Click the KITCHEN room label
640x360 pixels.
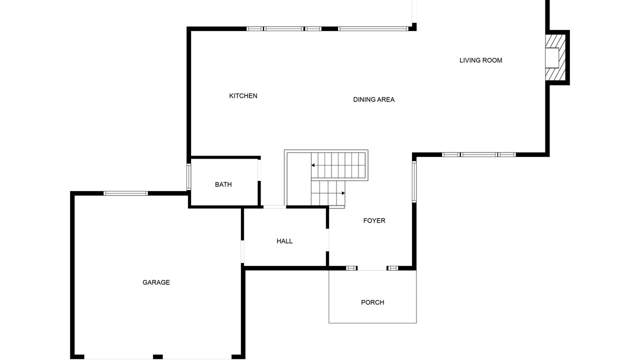[x=243, y=96]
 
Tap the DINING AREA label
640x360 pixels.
[x=373, y=99]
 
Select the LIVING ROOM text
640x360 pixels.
[x=480, y=60]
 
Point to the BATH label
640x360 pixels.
[x=223, y=184]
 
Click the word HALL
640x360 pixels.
[x=284, y=241]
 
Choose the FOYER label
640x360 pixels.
[x=374, y=220]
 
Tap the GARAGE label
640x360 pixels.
[x=156, y=282]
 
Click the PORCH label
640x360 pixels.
[x=372, y=302]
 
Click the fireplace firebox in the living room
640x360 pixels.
[x=551, y=57]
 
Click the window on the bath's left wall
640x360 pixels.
[x=188, y=177]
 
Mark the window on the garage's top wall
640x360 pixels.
[x=125, y=193]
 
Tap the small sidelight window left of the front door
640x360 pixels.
[x=351, y=268]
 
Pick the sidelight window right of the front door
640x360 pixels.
[x=392, y=268]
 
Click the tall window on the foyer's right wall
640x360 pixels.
[x=414, y=181]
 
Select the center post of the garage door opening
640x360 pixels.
[x=157, y=357]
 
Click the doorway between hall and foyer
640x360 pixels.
[x=327, y=240]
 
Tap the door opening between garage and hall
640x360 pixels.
[x=242, y=251]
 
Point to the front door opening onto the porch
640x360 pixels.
[x=372, y=268]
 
